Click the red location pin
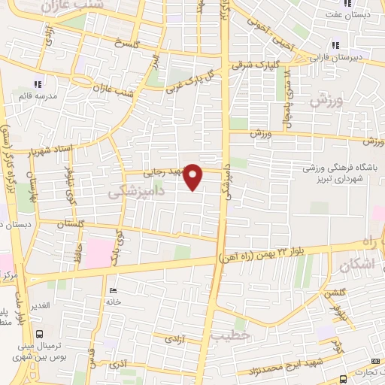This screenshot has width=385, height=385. coord(194,176)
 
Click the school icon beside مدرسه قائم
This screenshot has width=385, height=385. coord(37,84)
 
